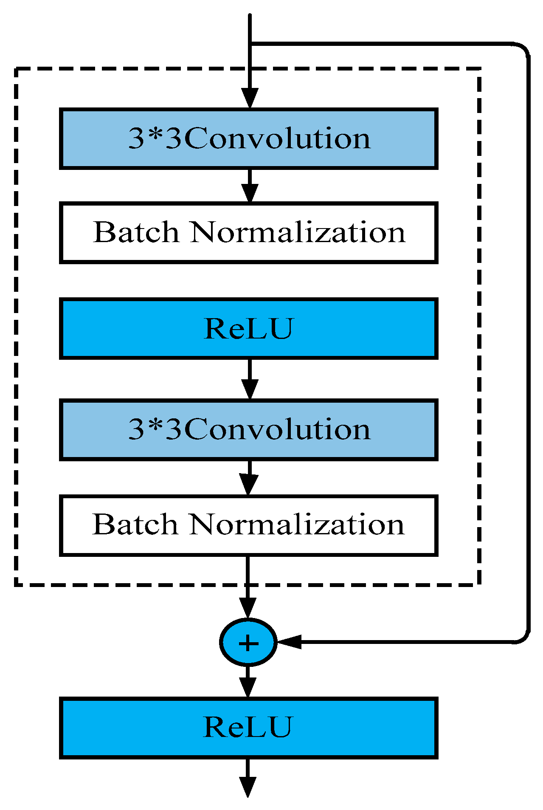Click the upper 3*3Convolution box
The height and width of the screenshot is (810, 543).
[x=248, y=139]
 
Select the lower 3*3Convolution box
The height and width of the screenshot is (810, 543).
[x=248, y=429]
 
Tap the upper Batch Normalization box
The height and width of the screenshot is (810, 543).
[x=248, y=233]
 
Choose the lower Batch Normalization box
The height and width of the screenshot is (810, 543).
[x=248, y=525]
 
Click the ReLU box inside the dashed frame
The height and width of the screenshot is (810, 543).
[x=248, y=328]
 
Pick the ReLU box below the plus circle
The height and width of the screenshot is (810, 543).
[x=248, y=728]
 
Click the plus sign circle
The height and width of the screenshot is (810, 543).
[x=248, y=642]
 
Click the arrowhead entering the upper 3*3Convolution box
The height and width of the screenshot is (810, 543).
[x=250, y=99]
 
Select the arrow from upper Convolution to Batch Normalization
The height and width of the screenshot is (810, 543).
[x=250, y=186]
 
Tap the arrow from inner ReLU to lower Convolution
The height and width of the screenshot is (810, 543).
[x=250, y=379]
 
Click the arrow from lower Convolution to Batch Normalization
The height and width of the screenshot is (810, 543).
[x=249, y=478]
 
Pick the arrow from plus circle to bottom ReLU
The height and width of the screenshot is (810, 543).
[x=248, y=682]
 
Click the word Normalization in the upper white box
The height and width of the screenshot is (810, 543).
[x=298, y=233]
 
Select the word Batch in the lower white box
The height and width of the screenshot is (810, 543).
[x=135, y=525]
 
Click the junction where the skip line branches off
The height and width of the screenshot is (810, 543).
[x=250, y=44]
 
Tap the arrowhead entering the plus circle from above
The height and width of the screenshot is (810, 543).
[x=248, y=608]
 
